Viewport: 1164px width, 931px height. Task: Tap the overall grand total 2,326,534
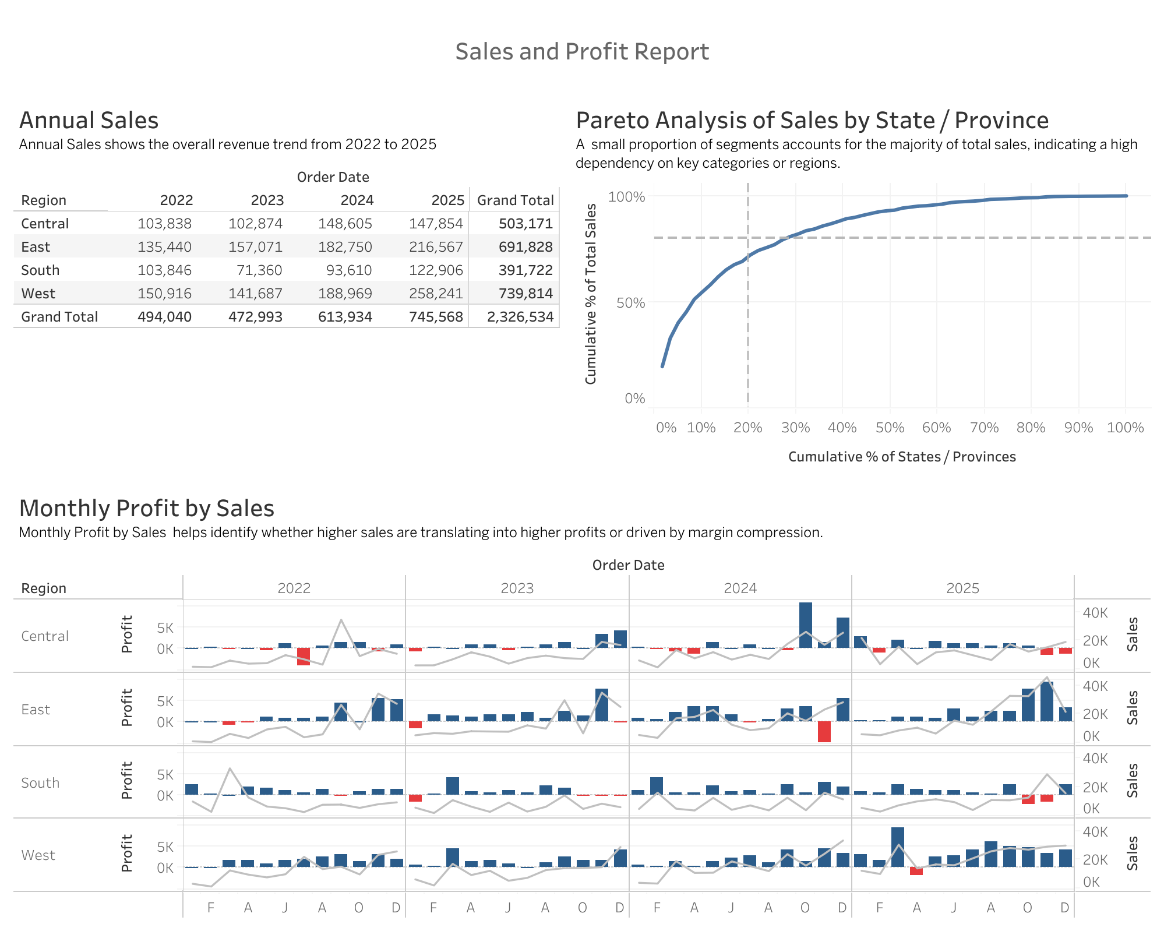[520, 317]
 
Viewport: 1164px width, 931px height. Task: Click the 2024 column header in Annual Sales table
[357, 200]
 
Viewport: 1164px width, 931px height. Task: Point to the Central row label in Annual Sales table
[45, 224]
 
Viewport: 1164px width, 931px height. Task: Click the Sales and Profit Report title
[582, 51]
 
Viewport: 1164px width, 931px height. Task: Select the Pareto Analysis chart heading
[812, 121]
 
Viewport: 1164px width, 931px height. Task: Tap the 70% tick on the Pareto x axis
[984, 428]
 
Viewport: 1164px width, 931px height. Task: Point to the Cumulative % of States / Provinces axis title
[902, 457]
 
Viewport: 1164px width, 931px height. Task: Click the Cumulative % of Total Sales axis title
[591, 294]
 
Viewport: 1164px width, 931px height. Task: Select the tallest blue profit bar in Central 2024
[806, 625]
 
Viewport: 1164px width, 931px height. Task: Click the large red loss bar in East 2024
[824, 732]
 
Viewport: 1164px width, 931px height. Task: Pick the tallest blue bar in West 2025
[898, 847]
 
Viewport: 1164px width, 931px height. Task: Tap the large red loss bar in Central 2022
[304, 657]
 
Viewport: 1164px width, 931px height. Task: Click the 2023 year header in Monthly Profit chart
[517, 588]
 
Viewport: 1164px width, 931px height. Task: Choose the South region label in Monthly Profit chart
[40, 783]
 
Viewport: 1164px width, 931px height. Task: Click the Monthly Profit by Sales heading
[147, 509]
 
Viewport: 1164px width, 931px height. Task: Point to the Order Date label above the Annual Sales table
[333, 177]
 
